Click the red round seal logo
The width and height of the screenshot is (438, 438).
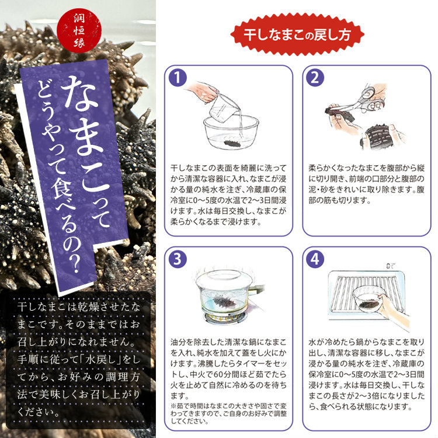point(79,30)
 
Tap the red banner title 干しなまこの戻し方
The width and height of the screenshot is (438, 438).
point(297,35)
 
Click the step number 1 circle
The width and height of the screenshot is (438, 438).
point(178,77)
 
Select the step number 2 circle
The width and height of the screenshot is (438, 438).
point(315,77)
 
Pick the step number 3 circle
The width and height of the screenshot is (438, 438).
point(178,259)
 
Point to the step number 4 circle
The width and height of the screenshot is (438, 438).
point(315,259)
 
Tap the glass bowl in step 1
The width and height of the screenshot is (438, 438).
point(231,132)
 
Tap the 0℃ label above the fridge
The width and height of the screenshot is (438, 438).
point(391,266)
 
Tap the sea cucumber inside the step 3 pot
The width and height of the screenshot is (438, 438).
point(225,301)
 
